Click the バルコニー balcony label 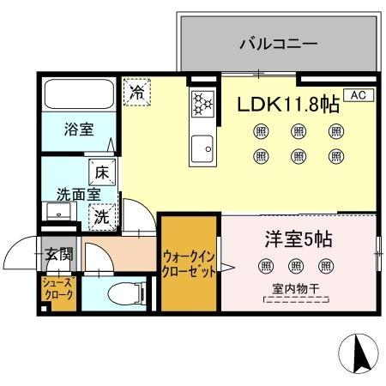(279, 43)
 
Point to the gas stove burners (202, 104)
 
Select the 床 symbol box (100, 172)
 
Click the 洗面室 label (73, 194)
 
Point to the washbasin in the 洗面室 (54, 213)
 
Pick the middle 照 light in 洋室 (297, 266)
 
